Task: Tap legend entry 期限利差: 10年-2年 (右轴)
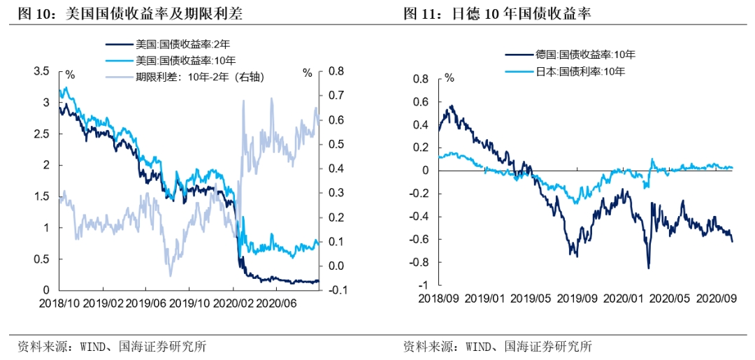coord(203,75)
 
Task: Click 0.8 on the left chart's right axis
coord(336,71)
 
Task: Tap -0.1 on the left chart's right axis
coord(336,290)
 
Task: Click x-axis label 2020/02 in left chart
coord(233,304)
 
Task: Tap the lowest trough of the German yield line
coord(648,268)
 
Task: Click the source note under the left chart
coord(113,346)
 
